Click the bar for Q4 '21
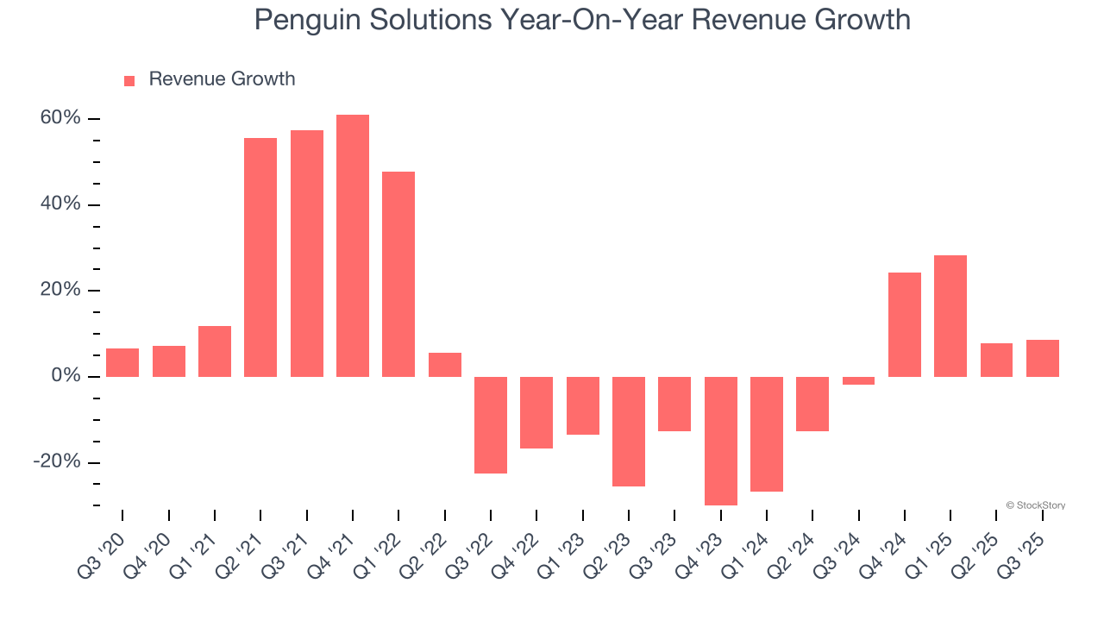click(353, 246)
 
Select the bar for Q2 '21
click(260, 257)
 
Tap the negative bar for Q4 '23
click(721, 441)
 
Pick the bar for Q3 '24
click(859, 380)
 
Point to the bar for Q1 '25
click(950, 316)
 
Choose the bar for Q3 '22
click(491, 425)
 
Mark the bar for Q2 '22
click(445, 365)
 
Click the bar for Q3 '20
click(122, 362)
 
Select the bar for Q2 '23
click(629, 431)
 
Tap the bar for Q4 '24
click(905, 324)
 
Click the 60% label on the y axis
click(60, 118)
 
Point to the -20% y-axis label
click(57, 462)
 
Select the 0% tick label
click(66, 376)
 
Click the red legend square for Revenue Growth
click(129, 81)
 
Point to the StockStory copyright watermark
click(1035, 505)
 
